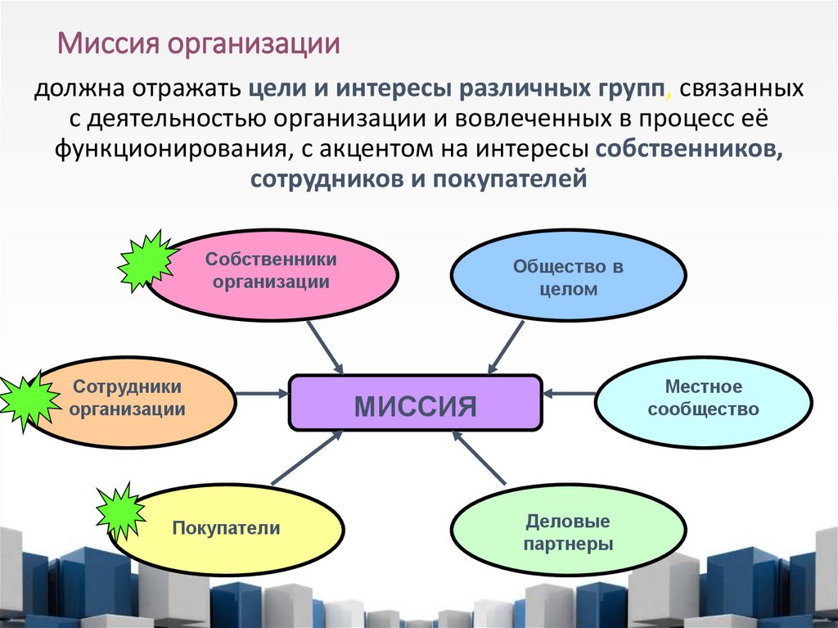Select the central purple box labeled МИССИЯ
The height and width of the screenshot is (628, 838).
pos(415,403)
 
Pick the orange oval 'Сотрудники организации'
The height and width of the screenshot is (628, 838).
pos(127,398)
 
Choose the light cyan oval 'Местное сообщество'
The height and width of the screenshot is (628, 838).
pos(703,398)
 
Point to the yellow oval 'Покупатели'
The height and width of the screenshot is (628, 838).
pos(226,528)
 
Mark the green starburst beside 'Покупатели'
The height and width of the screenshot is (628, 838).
pos(120,512)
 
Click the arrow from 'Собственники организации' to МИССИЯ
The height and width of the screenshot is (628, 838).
pos(326,347)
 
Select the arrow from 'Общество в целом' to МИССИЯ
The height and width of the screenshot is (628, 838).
pos(507,348)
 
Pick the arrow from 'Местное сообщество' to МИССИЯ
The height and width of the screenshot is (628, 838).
pos(568,394)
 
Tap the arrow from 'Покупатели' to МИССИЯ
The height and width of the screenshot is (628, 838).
pos(306,459)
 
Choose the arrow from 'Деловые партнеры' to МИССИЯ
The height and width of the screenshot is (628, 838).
pos(480,459)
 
